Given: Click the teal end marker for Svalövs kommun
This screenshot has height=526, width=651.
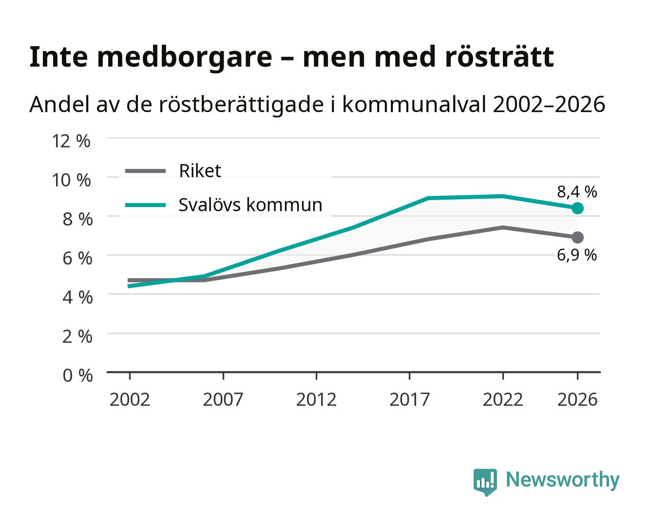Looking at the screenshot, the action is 577,208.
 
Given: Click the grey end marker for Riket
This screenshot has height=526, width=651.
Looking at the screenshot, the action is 577,237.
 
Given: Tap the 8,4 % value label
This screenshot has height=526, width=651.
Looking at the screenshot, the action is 577,192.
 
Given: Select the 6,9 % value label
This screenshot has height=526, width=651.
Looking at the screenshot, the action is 577,255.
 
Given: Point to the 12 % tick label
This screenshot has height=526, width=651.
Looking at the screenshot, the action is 71,141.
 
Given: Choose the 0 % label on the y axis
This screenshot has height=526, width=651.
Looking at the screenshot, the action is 77,375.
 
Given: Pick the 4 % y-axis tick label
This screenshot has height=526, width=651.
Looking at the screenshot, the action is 77,297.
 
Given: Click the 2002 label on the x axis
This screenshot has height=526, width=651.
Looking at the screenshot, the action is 130,399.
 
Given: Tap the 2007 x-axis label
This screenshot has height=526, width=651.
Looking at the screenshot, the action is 223,399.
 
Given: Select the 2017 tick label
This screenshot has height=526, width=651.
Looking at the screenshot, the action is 409,399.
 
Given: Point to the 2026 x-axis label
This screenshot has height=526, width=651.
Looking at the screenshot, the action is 577,399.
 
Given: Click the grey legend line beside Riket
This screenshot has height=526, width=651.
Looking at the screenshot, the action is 146,171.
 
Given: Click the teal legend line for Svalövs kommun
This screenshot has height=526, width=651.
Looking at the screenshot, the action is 146,205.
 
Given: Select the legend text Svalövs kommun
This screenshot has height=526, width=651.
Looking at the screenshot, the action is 250,205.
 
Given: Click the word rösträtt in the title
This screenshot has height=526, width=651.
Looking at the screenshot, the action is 499,56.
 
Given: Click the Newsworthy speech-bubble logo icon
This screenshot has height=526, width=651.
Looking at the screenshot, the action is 485,482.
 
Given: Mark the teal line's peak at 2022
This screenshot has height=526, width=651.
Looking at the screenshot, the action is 502,196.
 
